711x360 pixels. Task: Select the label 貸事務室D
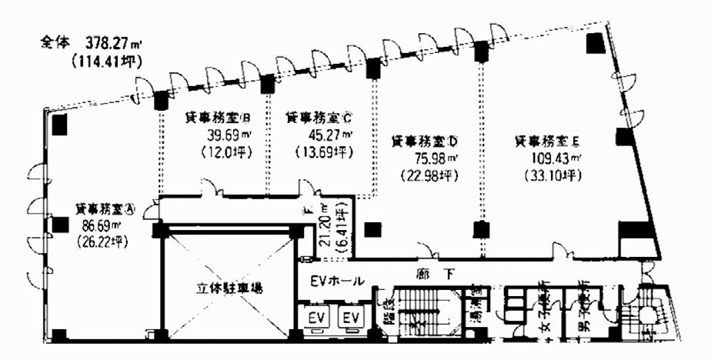[x=425, y=142]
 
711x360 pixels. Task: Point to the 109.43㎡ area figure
[x=550, y=159]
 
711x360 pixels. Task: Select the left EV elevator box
[x=316, y=317]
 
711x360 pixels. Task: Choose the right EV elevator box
[x=351, y=317]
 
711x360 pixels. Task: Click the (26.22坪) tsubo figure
[x=101, y=241]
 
